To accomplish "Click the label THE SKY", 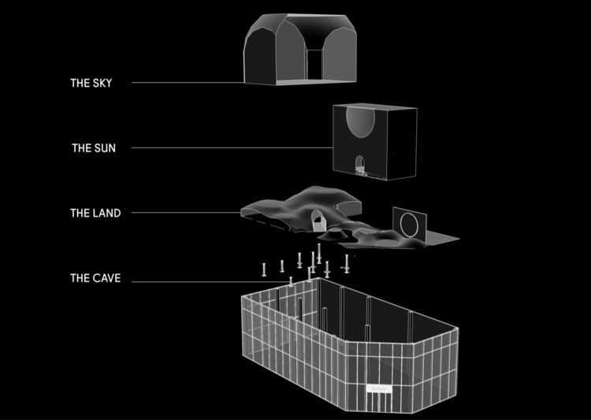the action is tap(91, 83).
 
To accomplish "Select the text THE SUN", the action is tap(94, 147).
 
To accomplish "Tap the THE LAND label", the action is tap(95, 213).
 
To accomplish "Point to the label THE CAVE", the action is tap(95, 278).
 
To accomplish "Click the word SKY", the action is tap(102, 83).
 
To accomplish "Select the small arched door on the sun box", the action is tap(360, 165).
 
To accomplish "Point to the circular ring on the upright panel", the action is tap(411, 224).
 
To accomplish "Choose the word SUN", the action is tap(105, 147).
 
